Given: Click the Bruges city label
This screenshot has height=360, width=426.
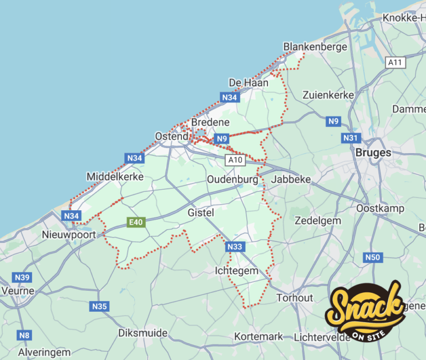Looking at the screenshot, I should pos(373,152).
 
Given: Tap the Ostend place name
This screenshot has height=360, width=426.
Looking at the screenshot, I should pos(171,136).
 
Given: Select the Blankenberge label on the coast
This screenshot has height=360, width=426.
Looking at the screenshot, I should pos(315,47).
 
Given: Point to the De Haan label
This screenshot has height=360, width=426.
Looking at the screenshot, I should pos(248,83).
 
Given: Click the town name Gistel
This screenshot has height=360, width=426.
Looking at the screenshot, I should pos(201,212).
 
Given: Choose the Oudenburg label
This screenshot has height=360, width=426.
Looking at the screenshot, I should pos(232,179).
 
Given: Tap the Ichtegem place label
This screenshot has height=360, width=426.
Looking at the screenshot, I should pos(236,271).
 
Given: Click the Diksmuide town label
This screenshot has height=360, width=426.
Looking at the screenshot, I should pos(143,333).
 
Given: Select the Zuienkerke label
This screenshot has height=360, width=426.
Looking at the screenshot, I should pos(328,95).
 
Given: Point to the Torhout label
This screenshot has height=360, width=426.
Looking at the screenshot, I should pos(295,298).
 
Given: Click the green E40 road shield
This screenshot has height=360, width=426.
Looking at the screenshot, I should pos(135,222).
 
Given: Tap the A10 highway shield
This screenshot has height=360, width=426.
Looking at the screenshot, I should pos(235,160).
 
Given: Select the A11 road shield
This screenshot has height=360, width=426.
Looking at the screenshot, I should pos(395,62).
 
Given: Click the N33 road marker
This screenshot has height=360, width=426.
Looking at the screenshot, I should pos(234,246).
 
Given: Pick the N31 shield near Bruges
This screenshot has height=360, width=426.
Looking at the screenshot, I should pos(350,138).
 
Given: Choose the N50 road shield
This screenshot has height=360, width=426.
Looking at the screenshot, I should pos(373,257).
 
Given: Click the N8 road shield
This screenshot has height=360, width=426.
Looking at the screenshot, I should pos(24,334).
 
